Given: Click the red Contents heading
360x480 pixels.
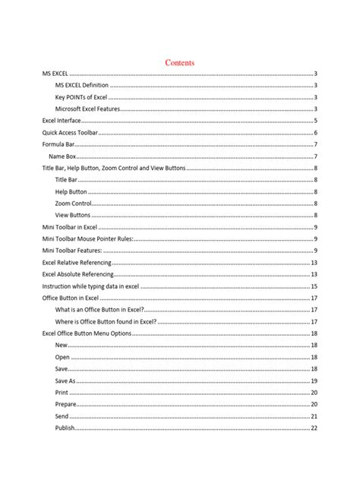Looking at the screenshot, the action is tap(180, 62).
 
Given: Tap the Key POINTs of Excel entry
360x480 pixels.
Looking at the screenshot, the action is tap(81, 97).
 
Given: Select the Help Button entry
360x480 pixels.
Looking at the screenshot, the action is tap(71, 192).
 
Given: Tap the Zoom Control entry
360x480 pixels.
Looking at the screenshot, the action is tap(73, 204).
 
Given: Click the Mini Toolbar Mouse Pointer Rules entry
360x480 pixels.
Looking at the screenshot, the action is tap(87, 239).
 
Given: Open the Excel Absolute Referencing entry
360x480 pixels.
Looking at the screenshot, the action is tap(78, 274).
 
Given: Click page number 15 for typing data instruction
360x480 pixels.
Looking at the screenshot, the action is tap(314, 286).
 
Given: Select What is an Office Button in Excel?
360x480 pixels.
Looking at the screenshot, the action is tap(100, 310).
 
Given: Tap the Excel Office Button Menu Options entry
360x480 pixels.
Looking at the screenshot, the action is tap(87, 333).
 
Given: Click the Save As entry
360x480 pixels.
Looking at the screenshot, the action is tap(65, 381).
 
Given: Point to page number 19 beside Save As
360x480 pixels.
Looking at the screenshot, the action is tap(314, 381).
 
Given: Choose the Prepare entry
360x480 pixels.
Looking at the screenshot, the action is tap(67, 404).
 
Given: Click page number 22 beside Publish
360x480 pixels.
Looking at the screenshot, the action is tap(314, 428).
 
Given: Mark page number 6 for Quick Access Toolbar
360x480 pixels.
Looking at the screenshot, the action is tap(315, 133).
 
